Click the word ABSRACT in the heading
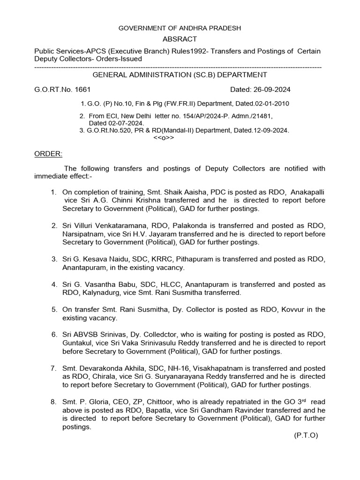[x=180, y=39]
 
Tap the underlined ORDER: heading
[x=48, y=155]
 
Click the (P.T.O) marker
[x=306, y=435]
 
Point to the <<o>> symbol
[x=164, y=138]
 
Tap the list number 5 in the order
[x=54, y=309]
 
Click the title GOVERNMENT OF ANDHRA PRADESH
[x=180, y=28]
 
